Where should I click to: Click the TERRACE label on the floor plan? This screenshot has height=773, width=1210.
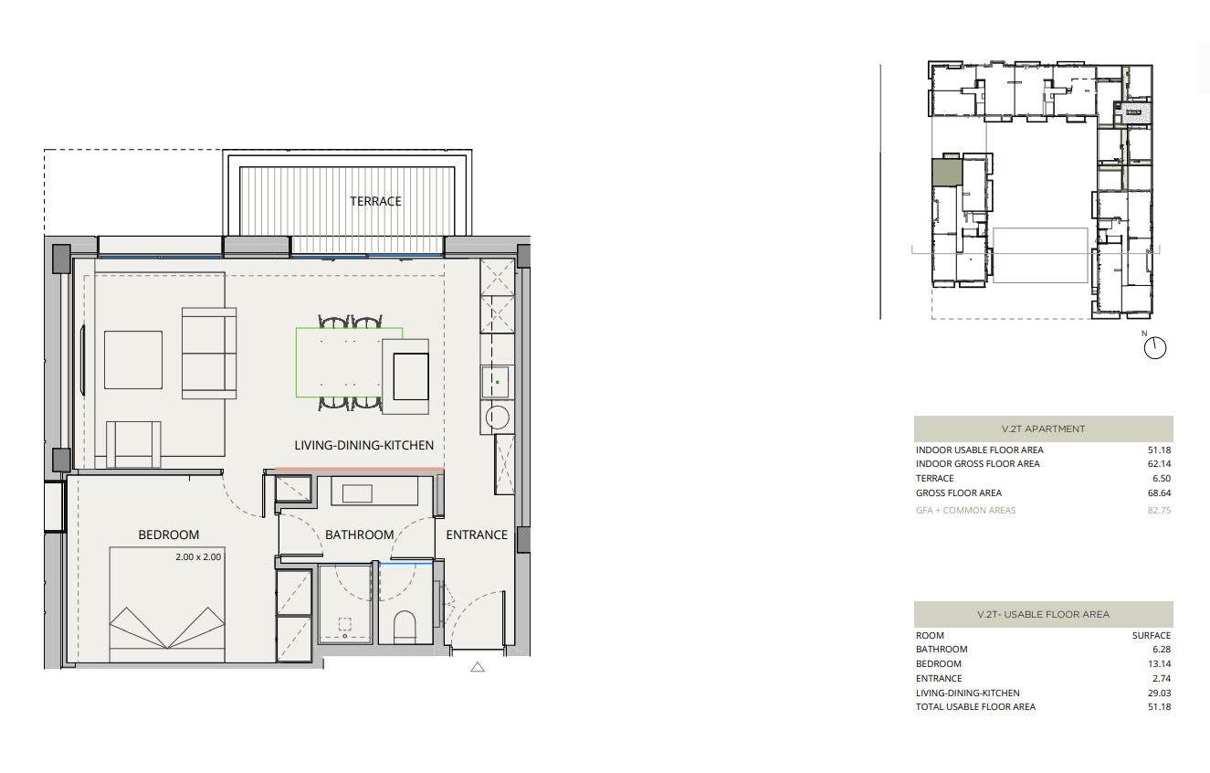click(x=375, y=201)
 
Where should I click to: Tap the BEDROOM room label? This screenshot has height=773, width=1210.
click(x=169, y=535)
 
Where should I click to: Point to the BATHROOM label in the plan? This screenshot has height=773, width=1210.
click(x=359, y=535)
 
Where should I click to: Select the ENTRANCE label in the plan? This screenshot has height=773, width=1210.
click(x=477, y=535)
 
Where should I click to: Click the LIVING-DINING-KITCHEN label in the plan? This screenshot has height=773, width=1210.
click(x=364, y=445)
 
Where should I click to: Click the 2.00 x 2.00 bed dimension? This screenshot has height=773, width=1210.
click(x=198, y=556)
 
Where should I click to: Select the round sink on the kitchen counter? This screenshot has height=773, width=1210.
click(x=497, y=418)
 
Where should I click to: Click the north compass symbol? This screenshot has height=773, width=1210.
click(x=1155, y=347)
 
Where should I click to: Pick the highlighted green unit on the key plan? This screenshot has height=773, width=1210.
click(x=947, y=172)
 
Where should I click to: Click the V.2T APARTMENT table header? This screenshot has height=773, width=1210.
click(x=1043, y=429)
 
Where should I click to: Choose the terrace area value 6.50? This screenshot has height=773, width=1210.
click(x=1162, y=479)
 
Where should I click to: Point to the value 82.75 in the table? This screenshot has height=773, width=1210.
click(x=1159, y=510)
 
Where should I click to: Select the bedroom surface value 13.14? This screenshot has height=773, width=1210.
click(x=1159, y=663)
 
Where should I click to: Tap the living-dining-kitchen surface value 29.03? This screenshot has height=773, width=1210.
click(x=1159, y=693)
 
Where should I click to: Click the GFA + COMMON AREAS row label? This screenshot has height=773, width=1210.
click(x=966, y=510)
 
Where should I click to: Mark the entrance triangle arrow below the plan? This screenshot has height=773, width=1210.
click(x=478, y=667)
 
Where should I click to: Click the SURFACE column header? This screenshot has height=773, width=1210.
click(x=1152, y=636)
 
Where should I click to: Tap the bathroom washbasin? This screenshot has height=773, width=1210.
click(x=358, y=493)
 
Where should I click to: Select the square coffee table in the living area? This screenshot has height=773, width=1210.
click(x=133, y=360)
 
